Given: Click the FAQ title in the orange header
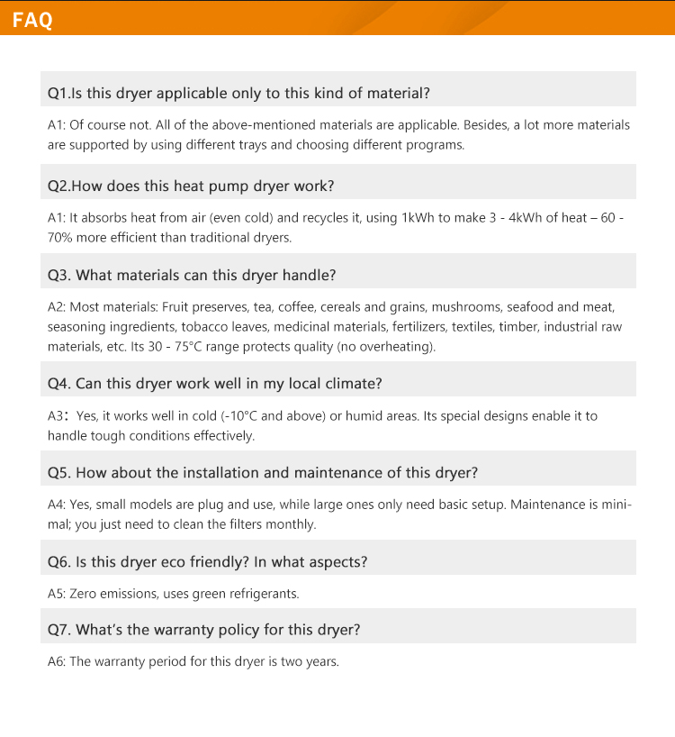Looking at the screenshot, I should point(32,20).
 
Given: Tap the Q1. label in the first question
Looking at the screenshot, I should point(58,93).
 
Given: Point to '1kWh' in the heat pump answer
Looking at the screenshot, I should point(418,218).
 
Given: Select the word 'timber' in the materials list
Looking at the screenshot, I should point(516,326).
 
